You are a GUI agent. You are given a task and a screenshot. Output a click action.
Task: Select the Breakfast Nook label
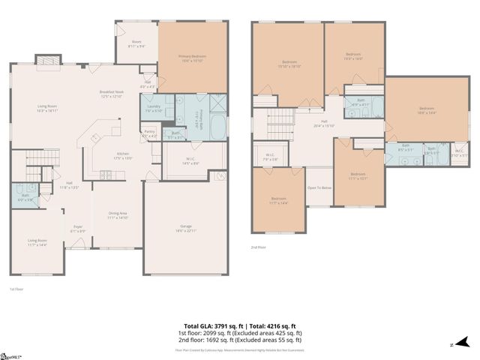click(x=111, y=94)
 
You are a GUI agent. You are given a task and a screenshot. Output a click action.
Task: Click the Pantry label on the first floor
click(x=148, y=133)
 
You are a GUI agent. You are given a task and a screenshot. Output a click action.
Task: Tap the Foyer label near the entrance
click(x=78, y=228)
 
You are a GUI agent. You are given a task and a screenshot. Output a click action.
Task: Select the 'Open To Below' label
click(x=319, y=188)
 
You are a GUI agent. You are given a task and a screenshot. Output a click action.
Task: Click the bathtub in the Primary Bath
click(x=216, y=126)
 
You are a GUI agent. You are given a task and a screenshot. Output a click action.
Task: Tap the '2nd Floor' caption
click(x=259, y=247)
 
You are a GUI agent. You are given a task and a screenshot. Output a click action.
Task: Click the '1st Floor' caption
click(x=17, y=289)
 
